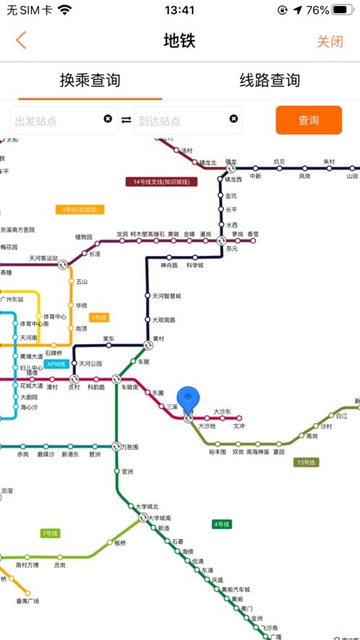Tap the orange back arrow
[x=21, y=41]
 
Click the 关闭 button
[x=330, y=41]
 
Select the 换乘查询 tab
[x=90, y=80]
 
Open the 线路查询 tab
[x=269, y=80]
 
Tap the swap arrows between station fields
[x=126, y=120]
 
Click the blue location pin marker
[x=188, y=400]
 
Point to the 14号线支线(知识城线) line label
[x=162, y=182]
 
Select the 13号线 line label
[x=306, y=462]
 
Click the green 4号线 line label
[x=221, y=524]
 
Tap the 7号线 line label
[x=49, y=533]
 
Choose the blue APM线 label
[x=56, y=364]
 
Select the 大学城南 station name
[x=159, y=518]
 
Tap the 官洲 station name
[x=127, y=471]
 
